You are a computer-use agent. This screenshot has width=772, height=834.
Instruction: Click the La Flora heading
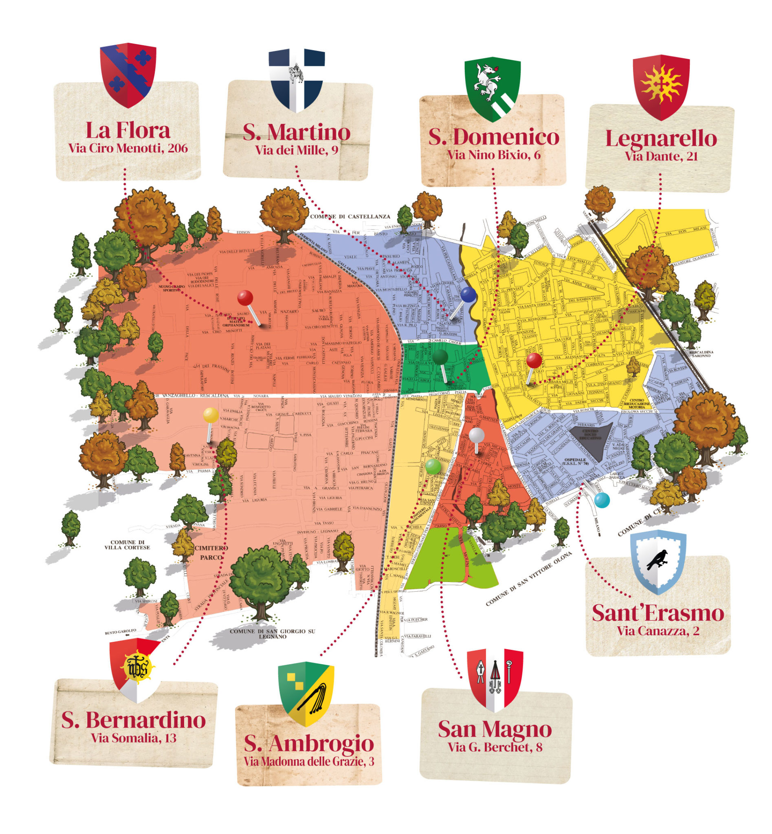128,130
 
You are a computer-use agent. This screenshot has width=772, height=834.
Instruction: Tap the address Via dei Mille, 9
297,150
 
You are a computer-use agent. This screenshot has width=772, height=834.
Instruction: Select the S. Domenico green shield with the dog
493,88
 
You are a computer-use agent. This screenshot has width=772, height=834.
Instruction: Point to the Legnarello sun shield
661,86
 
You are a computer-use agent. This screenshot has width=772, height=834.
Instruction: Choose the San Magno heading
495,729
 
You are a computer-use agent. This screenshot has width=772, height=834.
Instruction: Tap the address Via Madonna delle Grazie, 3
309,762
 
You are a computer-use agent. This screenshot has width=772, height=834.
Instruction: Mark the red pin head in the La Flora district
245,298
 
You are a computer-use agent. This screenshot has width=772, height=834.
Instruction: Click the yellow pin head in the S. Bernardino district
211,415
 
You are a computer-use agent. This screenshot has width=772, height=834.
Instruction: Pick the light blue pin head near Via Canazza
602,500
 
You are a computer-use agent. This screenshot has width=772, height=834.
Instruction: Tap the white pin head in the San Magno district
476,435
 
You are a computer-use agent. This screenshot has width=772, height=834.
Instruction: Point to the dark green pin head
440,356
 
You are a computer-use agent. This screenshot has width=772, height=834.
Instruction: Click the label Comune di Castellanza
350,216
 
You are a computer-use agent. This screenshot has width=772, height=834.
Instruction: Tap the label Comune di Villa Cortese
127,544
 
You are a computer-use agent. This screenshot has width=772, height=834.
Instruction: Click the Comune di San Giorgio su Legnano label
273,634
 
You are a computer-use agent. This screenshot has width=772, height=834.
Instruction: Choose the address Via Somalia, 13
134,738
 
